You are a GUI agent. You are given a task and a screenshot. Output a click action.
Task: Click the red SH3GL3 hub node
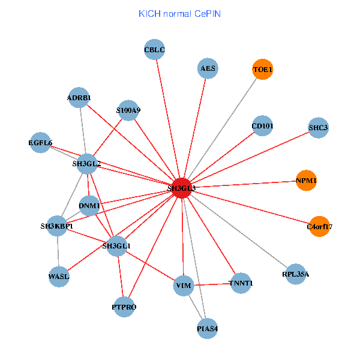click(x=181, y=188)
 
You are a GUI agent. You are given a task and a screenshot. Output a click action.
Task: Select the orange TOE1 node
click(x=262, y=70)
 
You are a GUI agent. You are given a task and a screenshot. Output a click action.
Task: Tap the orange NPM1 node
click(x=306, y=181)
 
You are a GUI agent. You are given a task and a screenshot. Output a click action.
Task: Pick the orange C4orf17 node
click(x=319, y=227)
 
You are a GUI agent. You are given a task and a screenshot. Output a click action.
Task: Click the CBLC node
click(x=155, y=50)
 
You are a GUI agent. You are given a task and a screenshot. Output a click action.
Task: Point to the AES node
click(x=208, y=68)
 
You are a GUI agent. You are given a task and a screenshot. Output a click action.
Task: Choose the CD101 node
click(x=262, y=126)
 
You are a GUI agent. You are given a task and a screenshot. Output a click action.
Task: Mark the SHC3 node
click(x=319, y=128)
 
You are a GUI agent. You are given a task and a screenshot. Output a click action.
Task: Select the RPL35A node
click(x=296, y=274)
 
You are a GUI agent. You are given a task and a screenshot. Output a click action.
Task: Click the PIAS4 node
click(x=207, y=328)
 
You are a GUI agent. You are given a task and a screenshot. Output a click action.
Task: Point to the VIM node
click(x=182, y=286)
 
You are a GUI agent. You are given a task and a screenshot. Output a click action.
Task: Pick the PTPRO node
click(x=124, y=307)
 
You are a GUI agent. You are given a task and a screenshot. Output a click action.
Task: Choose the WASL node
click(x=59, y=277)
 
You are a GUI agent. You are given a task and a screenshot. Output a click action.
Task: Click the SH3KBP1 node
click(x=57, y=226)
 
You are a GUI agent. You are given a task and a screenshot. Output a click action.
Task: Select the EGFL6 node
click(x=41, y=143)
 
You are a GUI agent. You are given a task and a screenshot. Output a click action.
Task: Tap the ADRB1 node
click(x=79, y=97)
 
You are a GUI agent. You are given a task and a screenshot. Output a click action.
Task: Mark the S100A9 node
click(x=128, y=110)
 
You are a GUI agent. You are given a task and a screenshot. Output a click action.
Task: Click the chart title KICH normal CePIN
click(x=180, y=13)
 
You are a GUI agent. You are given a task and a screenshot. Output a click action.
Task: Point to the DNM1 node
click(x=89, y=206)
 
